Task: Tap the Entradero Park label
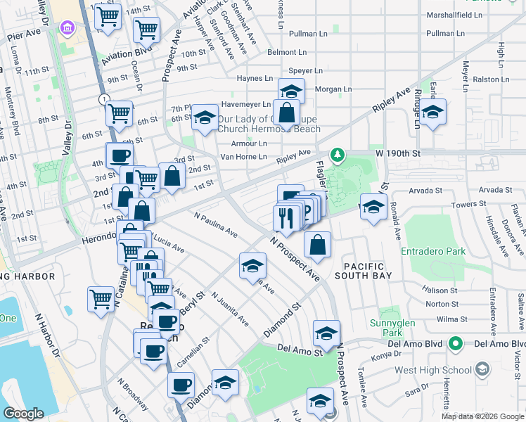click(433, 251)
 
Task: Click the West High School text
click(433, 369)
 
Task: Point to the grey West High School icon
click(482, 369)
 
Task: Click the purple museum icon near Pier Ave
click(68, 28)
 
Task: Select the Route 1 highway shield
click(103, 98)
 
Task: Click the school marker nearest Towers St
click(373, 207)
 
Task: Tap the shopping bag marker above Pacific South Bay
click(318, 245)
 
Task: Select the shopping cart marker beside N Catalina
click(101, 299)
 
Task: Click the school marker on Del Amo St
click(326, 333)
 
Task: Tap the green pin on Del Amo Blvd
click(456, 345)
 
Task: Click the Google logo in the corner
click(23, 414)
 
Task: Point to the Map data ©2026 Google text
click(482, 416)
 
